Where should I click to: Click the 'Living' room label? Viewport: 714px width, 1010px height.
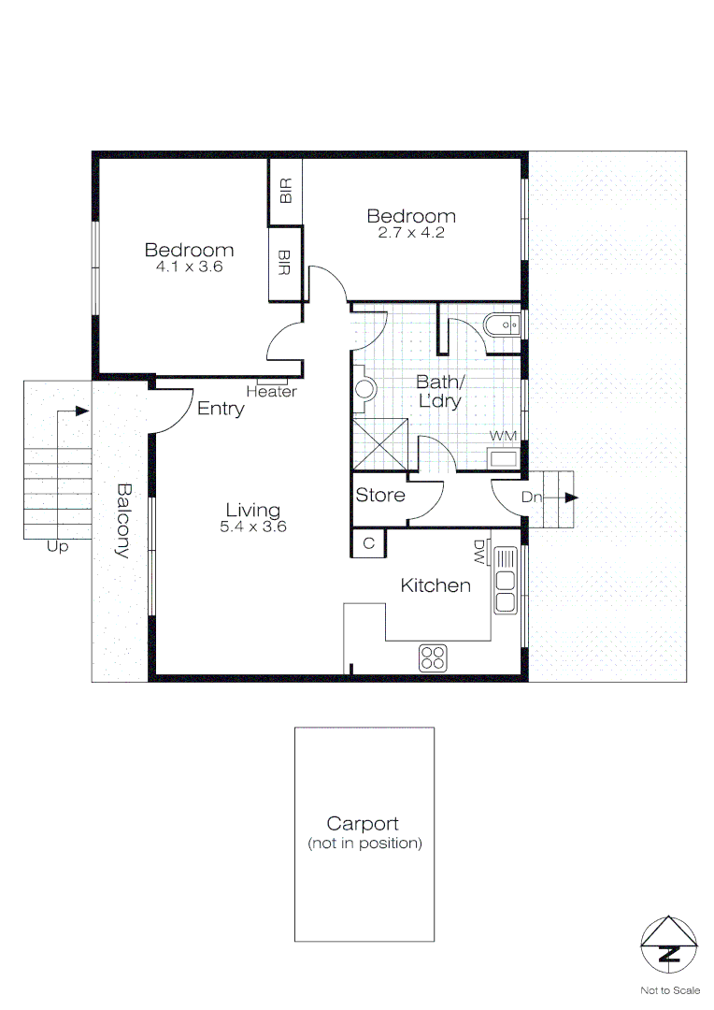[252, 510]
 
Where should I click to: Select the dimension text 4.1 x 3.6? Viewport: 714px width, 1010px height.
[189, 267]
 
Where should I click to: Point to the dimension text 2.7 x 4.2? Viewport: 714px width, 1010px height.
[410, 233]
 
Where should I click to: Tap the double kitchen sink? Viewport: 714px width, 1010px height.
[506, 580]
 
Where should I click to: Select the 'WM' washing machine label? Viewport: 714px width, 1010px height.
[504, 437]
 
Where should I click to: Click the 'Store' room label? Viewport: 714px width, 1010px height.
[380, 495]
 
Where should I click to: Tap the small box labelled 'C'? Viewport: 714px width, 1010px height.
[368, 542]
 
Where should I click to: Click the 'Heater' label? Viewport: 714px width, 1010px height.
[271, 392]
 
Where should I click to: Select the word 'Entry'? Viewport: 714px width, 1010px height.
[221, 409]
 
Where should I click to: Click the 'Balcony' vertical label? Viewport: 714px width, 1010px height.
[121, 519]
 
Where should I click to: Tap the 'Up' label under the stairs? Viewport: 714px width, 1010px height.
[58, 547]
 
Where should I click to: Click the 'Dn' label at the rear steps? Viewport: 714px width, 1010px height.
[532, 498]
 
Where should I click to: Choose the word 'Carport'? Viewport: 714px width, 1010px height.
[363, 824]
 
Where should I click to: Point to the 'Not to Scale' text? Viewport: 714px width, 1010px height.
[669, 989]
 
